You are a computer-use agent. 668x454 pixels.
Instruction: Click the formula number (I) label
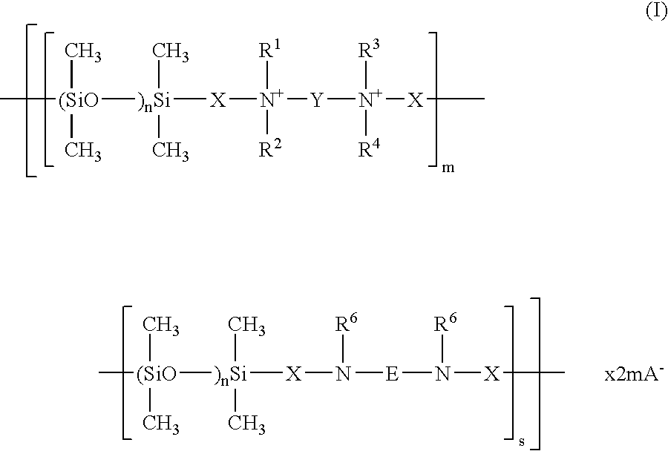656,12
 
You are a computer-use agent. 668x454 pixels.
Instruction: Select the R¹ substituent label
269,50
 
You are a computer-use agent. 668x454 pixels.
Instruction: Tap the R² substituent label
270,148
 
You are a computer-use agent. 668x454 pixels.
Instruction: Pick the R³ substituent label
370,50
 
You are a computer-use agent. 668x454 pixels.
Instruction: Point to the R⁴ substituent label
370,148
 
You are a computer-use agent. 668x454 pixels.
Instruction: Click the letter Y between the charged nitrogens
316,100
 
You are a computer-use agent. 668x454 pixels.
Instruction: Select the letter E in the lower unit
392,374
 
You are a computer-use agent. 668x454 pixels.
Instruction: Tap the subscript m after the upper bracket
448,168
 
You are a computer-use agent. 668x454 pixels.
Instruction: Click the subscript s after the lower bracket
522,441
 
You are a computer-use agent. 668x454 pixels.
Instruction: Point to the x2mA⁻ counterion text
635,374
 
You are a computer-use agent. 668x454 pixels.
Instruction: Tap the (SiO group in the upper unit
78,101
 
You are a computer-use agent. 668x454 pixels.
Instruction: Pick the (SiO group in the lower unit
157,375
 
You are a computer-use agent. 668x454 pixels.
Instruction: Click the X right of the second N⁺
416,100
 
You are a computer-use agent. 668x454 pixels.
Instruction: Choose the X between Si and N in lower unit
293,374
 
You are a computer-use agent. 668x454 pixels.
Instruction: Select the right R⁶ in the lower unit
445,323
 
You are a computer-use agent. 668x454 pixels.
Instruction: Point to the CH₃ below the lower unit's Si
246,424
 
